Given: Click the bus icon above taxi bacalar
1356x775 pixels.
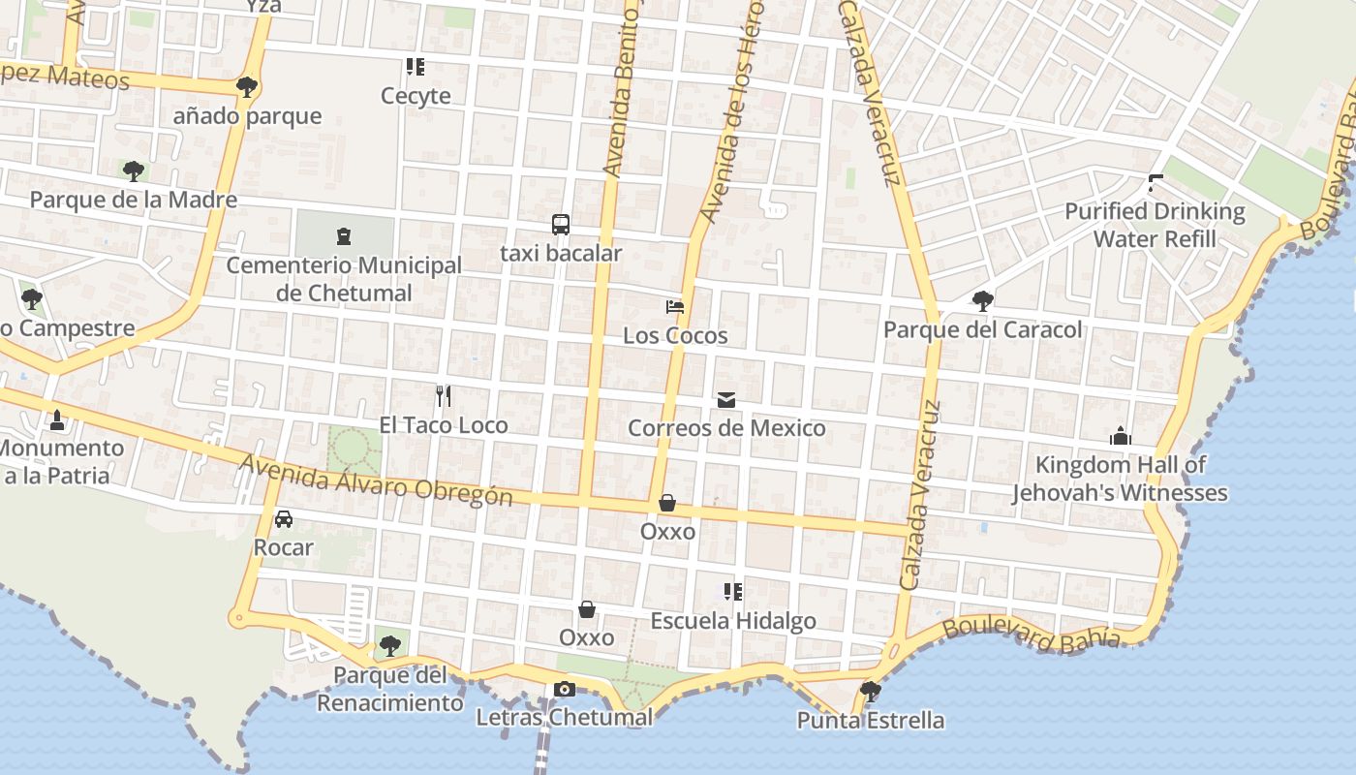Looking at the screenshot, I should (560, 225).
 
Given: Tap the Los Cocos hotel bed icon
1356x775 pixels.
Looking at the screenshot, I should (675, 307).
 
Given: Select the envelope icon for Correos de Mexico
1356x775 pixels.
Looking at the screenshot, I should (726, 399).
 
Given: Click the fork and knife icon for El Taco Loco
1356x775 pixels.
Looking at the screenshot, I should (443, 395).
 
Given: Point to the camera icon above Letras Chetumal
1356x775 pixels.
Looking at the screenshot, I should (564, 689).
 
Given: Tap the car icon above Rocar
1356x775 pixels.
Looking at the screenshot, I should (283, 519).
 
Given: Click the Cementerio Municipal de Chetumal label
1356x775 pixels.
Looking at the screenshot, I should (344, 279).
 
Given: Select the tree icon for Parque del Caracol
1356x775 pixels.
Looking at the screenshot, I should (982, 300).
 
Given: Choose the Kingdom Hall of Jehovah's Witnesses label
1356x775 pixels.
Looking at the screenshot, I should (1120, 479).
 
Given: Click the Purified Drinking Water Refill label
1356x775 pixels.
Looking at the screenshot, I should (1155, 225).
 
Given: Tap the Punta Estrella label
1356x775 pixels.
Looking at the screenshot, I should (870, 721).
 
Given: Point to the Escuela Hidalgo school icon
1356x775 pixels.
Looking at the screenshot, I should (732, 591).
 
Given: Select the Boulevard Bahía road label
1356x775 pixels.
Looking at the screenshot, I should (1032, 634).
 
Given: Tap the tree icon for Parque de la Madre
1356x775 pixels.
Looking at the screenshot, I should (134, 171).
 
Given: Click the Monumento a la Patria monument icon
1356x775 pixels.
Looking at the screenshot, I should (56, 420).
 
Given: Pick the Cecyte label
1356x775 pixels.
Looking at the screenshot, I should (416, 96).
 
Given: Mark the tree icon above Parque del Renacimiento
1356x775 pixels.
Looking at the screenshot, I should (389, 645).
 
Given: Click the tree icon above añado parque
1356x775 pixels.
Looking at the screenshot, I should (247, 87).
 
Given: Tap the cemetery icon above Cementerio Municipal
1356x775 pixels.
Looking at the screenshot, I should (343, 235).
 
